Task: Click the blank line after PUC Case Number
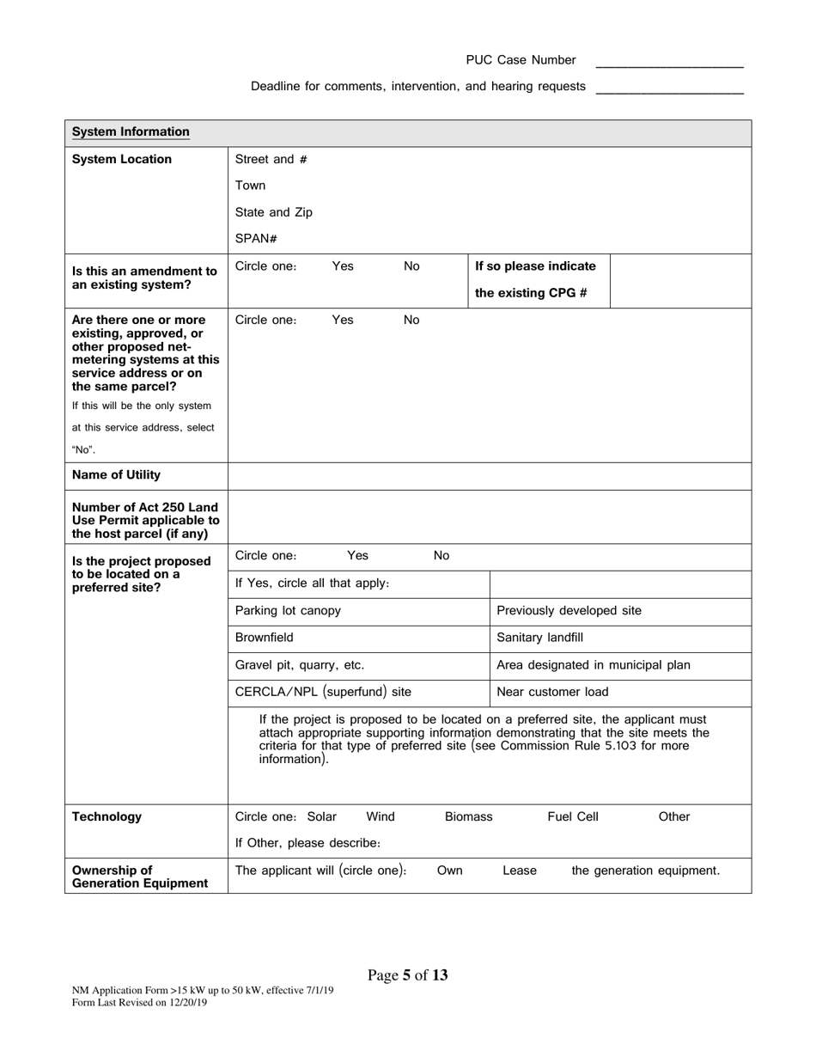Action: [x=669, y=62]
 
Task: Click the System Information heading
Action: [x=131, y=132]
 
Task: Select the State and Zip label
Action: [x=273, y=212]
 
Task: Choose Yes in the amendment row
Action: [x=342, y=266]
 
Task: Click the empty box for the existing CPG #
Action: [x=680, y=280]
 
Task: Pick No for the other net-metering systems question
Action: [x=411, y=320]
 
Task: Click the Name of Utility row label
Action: [x=116, y=475]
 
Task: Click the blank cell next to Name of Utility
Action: [x=490, y=476]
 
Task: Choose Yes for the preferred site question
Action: [x=357, y=556]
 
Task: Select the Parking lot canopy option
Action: [x=288, y=611]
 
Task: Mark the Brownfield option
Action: [x=264, y=638]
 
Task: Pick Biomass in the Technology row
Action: [x=468, y=817]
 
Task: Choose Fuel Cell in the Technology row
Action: [x=573, y=817]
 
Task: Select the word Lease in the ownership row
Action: [x=519, y=871]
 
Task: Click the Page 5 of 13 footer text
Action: [x=407, y=975]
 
